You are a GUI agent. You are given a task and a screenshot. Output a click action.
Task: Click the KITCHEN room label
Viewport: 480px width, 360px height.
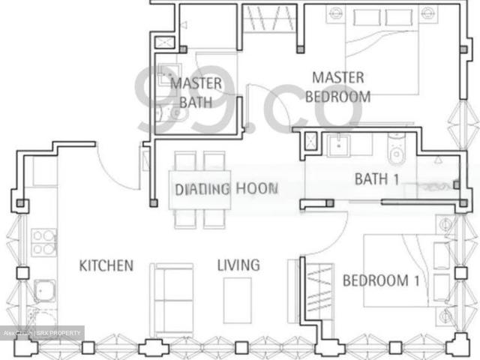(106, 265)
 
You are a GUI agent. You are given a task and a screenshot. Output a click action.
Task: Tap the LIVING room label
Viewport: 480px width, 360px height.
(238, 265)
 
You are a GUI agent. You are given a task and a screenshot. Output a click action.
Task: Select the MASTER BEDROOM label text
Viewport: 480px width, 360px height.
(337, 87)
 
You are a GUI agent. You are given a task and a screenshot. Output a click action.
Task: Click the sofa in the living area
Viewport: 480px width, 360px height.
(172, 298)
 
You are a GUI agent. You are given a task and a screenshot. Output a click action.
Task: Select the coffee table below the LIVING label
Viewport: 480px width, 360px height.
(237, 299)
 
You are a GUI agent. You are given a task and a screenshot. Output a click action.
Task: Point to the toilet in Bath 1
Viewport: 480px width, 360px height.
(395, 150)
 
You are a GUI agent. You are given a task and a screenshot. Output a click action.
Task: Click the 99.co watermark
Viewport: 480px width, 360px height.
(247, 97)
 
